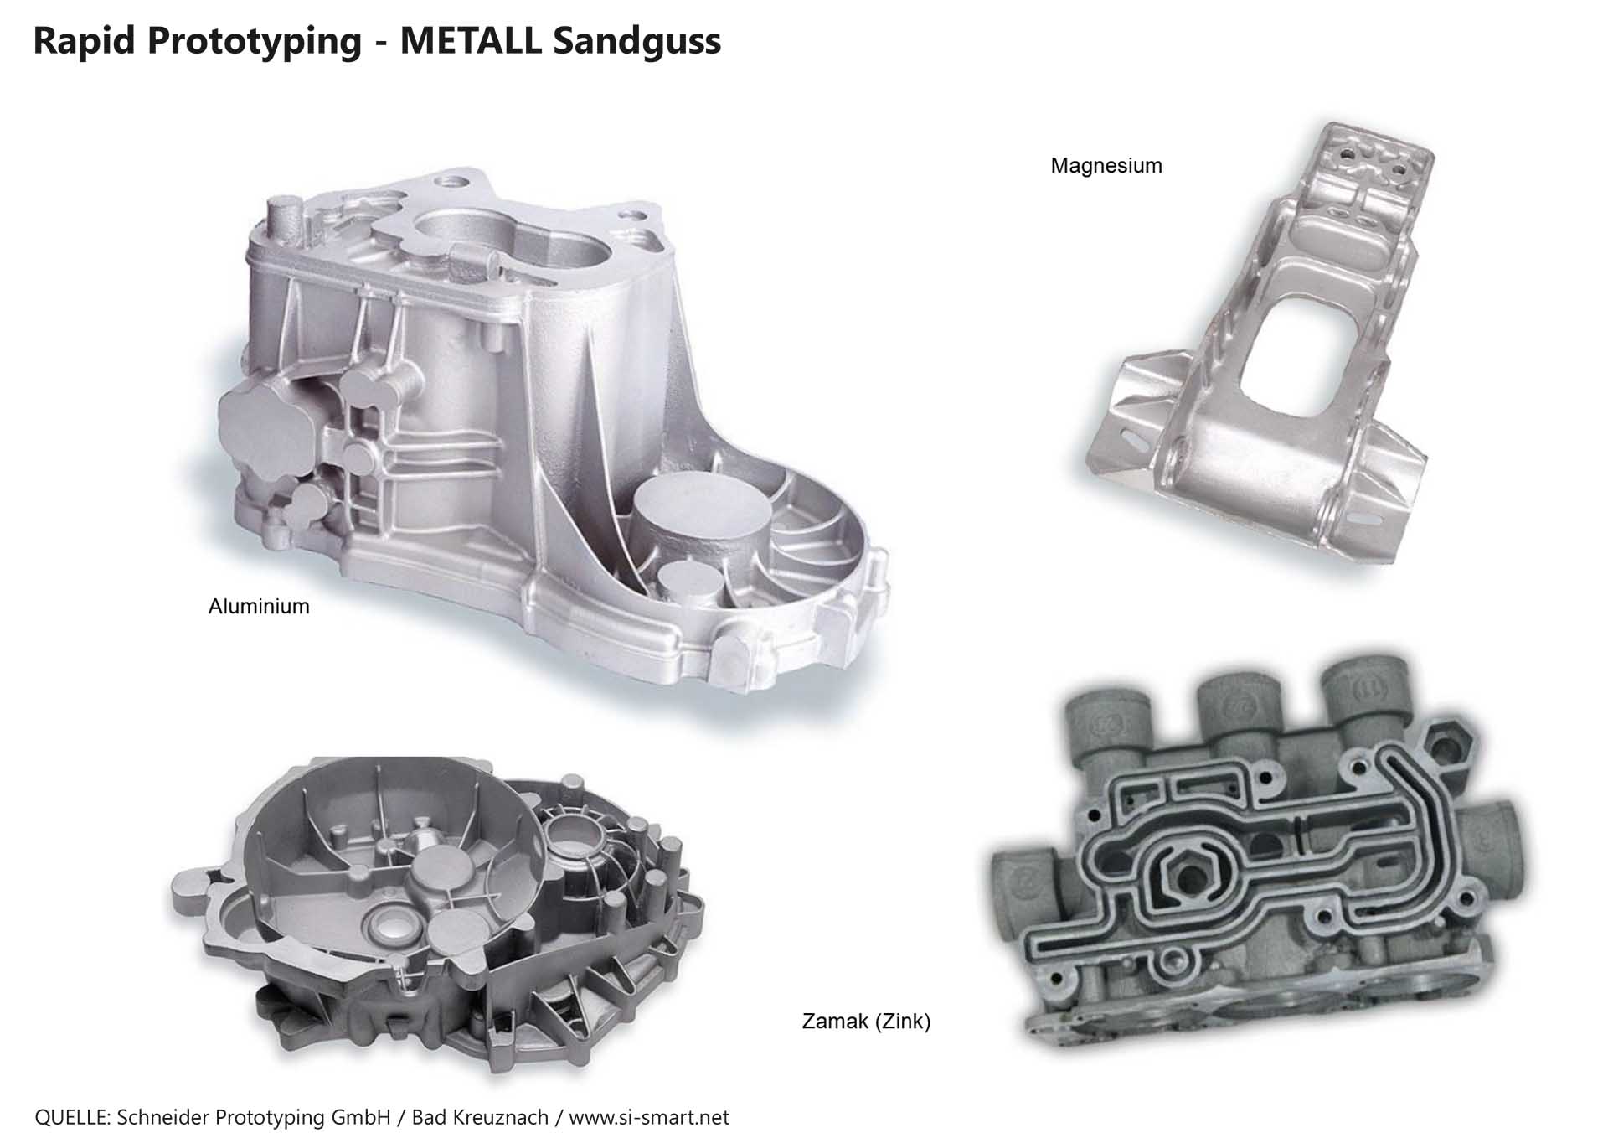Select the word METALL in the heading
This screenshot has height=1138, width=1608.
[x=471, y=40]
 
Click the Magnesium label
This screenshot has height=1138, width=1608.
[x=1106, y=166]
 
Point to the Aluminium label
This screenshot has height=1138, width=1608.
[x=259, y=607]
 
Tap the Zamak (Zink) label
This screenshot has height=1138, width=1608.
[x=867, y=1022]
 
